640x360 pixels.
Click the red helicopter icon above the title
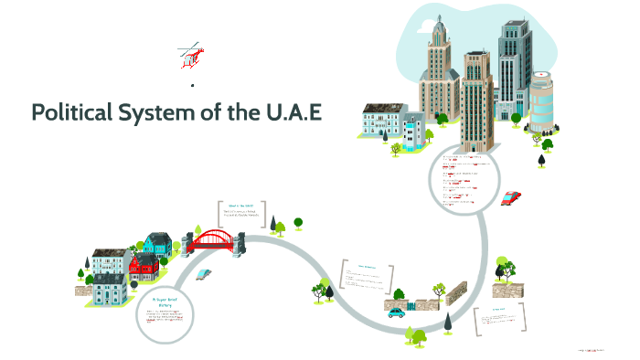click(x=191, y=55)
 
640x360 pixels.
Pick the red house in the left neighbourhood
click(x=143, y=267)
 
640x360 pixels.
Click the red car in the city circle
click(x=511, y=196)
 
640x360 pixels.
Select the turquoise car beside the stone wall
click(x=396, y=312)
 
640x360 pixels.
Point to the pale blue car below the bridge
click(x=204, y=273)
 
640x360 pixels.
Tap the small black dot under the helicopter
click(x=193, y=85)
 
